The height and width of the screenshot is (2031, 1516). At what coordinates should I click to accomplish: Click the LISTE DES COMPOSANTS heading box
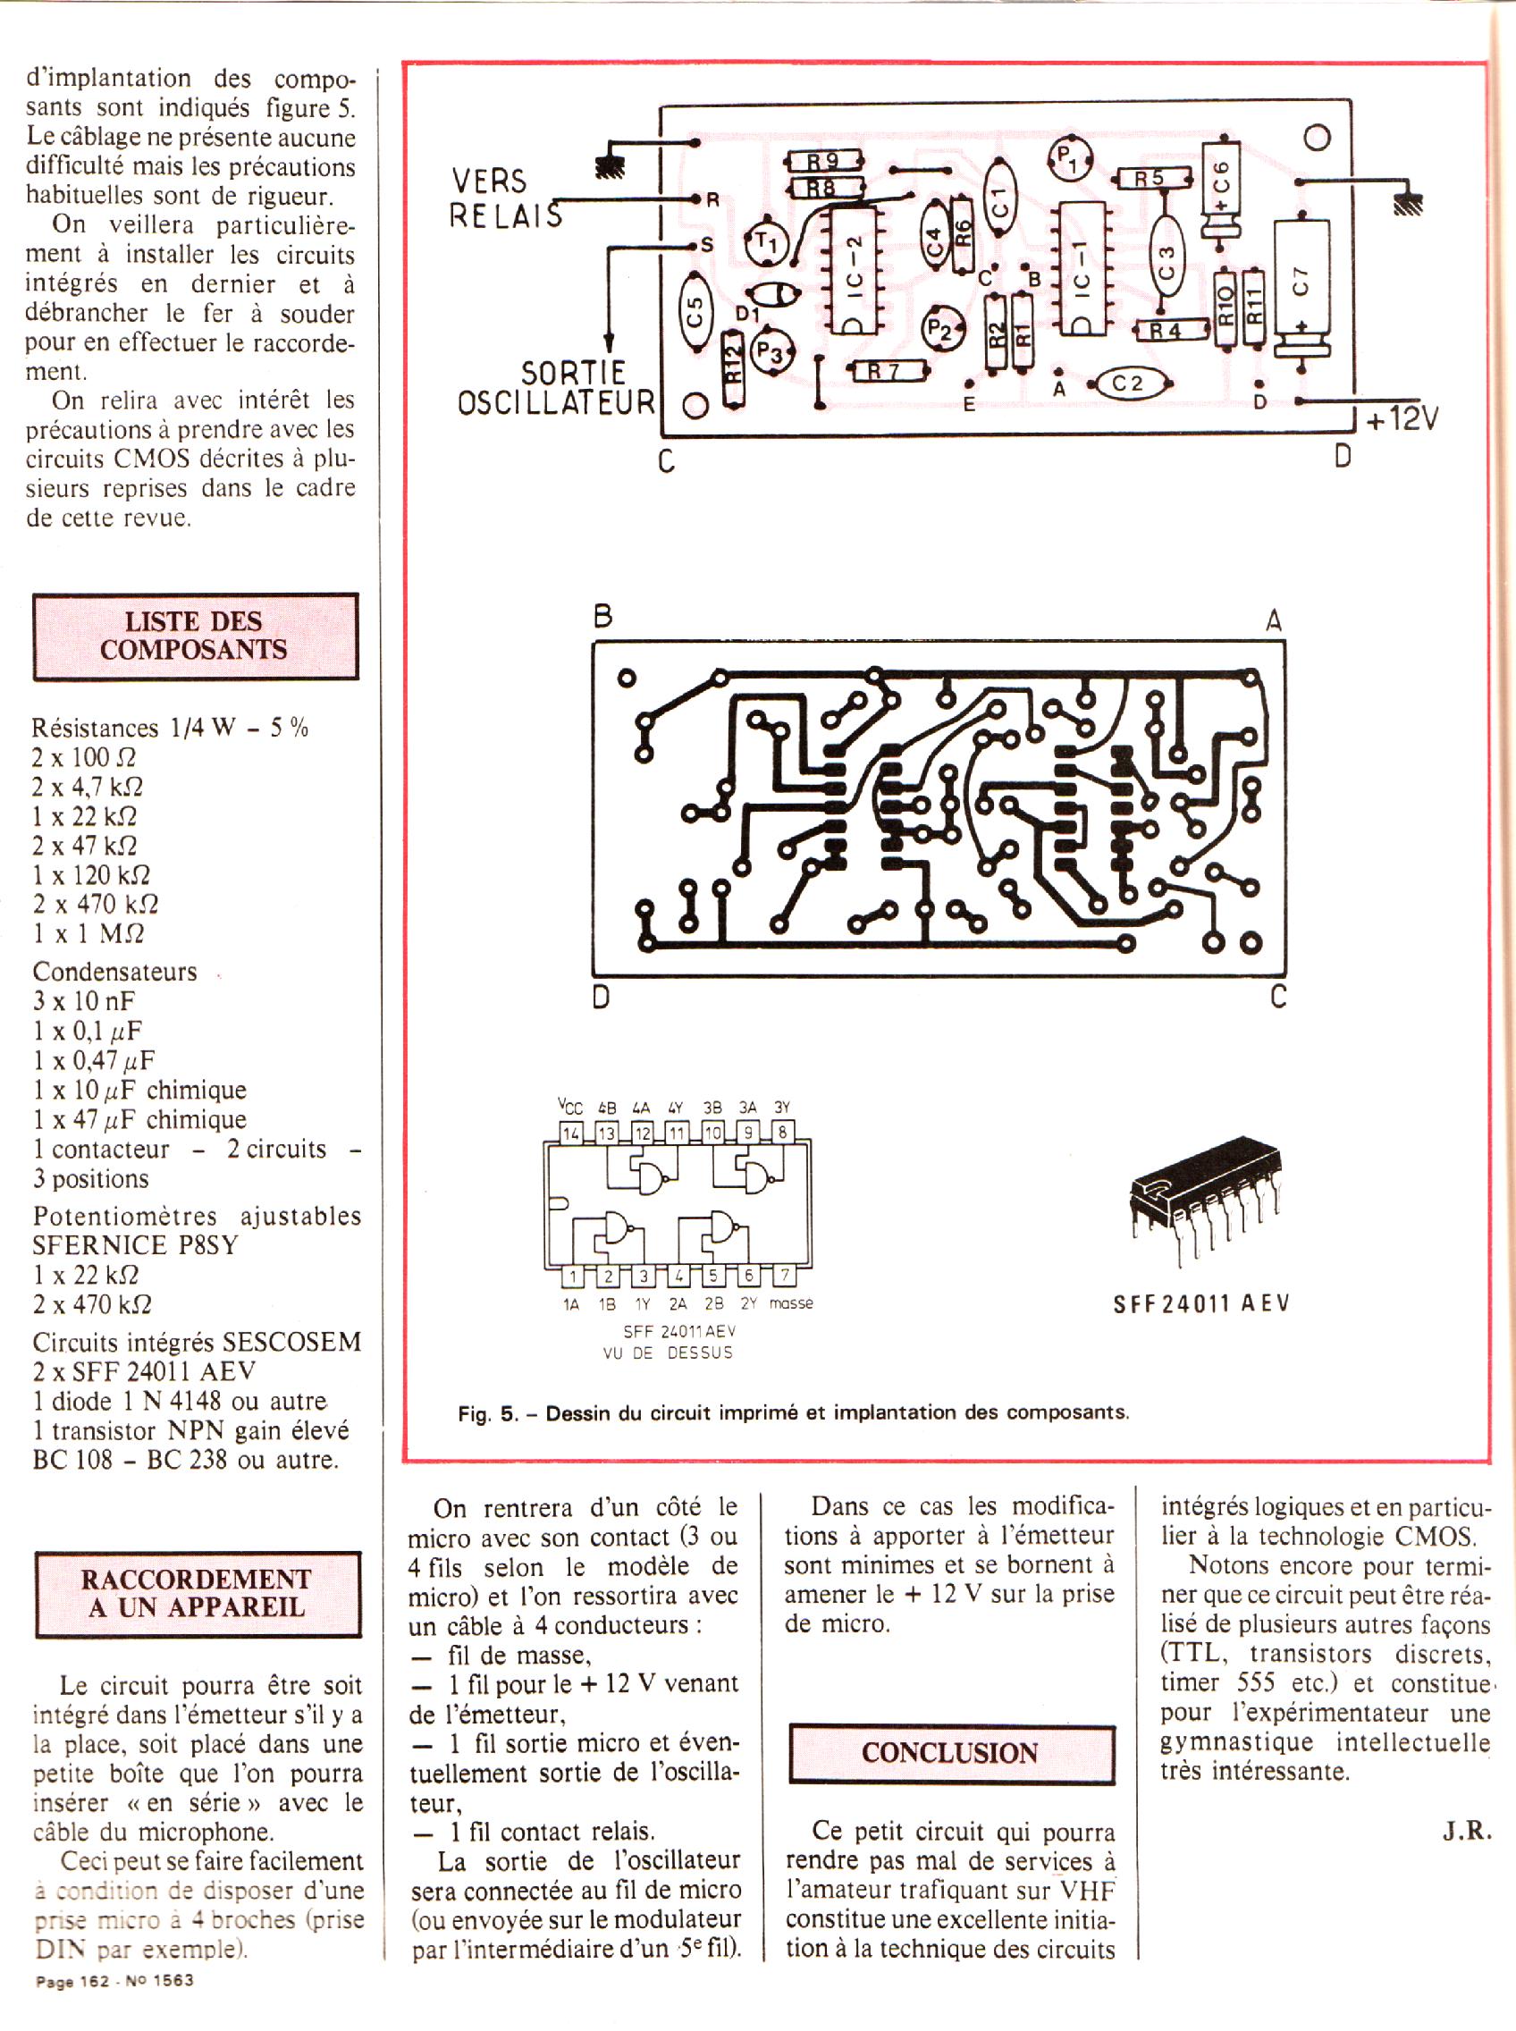tap(195, 635)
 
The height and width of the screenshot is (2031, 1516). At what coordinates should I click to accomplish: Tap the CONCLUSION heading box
tap(951, 1753)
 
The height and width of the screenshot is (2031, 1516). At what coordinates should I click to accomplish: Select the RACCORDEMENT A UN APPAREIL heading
tap(198, 1594)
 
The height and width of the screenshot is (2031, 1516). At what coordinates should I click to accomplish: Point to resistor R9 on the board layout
tap(823, 162)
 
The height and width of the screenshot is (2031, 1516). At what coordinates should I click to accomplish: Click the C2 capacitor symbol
tap(1127, 383)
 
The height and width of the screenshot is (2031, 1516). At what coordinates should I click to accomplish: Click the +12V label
tap(1402, 418)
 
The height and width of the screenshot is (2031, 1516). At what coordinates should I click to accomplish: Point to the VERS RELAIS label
tap(503, 197)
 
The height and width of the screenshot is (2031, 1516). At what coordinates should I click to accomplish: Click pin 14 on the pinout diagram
tap(572, 1133)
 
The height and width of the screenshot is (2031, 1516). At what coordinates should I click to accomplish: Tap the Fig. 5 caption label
tap(794, 1413)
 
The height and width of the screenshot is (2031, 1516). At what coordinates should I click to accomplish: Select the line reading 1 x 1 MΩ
tap(89, 933)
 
